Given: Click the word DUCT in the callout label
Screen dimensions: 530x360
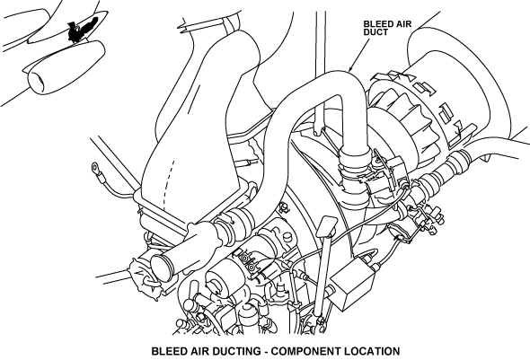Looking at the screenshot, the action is pos(375,32).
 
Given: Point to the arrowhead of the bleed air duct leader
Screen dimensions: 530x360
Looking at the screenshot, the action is pos(349,68).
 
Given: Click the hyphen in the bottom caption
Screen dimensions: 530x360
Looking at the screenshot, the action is pos(266,352).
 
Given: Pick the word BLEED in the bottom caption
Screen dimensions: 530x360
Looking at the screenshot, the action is pos(168,351).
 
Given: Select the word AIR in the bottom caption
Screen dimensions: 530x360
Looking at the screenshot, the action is pos(199,351).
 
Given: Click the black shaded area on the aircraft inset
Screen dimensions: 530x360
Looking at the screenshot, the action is pos(81,28).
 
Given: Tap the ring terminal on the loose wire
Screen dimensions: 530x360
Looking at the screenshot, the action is pos(95,166).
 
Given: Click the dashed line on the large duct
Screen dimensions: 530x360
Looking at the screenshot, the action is pos(168,184).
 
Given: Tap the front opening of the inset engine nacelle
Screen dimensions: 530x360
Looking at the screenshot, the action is pos(37,81).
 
